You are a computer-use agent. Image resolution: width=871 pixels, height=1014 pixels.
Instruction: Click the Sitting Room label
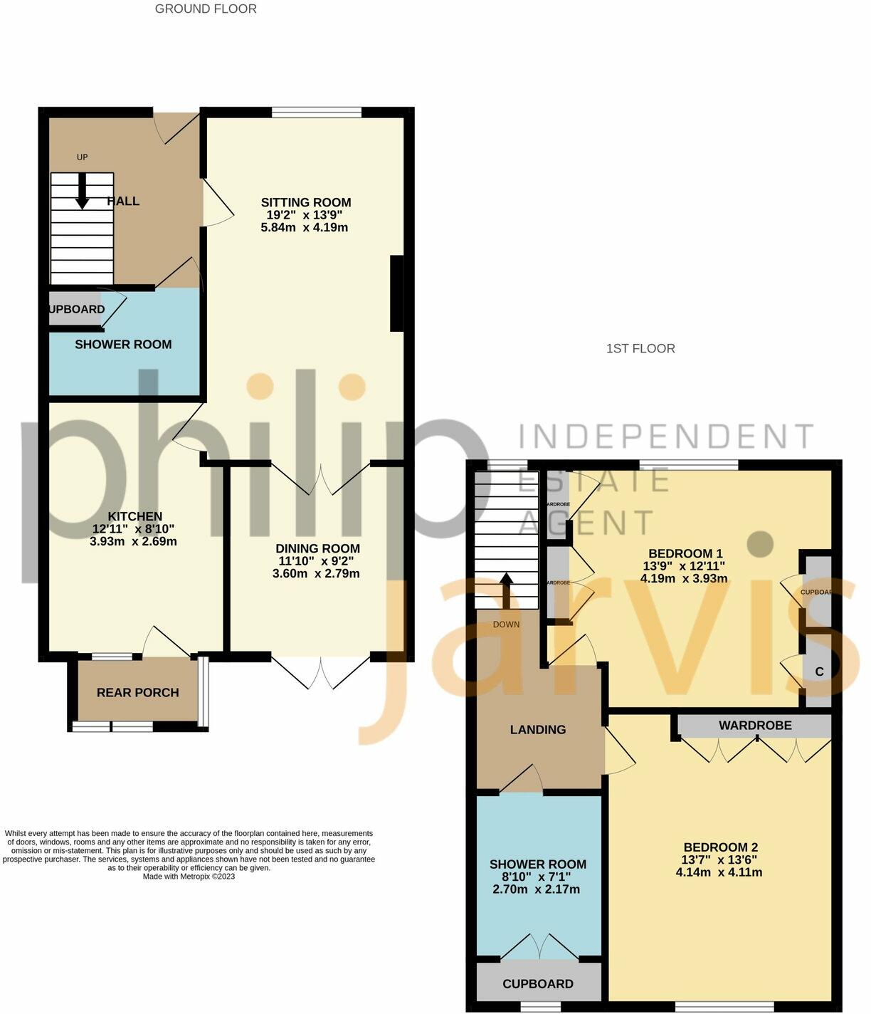pos(306,202)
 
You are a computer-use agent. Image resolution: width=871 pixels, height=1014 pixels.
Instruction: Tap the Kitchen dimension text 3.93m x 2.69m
pos(134,541)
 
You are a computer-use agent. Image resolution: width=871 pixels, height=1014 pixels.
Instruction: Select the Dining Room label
pos(317,548)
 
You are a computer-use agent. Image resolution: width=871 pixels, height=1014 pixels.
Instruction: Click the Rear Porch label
pos(137,692)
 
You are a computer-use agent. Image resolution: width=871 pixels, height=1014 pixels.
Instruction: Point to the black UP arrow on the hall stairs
pos(82,192)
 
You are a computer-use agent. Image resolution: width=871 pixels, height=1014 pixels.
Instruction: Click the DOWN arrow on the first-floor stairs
pos(506,590)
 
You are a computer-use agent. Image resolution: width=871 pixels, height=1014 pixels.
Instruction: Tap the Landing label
pos(538,729)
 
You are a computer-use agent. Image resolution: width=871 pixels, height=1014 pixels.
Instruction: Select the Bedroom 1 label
pos(685,553)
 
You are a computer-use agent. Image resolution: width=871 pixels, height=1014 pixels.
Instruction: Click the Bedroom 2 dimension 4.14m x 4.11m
pos(719,872)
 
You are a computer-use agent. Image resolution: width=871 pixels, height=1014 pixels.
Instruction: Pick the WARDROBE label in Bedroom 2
pos(755,726)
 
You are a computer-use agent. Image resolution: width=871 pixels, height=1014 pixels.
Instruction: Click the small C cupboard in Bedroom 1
pos(819,671)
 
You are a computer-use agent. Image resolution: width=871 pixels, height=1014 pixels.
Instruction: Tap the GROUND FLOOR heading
pos(206,9)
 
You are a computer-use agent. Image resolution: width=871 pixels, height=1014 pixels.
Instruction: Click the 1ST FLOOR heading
pos(640,348)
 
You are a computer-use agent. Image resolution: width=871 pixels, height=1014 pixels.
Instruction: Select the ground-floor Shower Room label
pos(123,345)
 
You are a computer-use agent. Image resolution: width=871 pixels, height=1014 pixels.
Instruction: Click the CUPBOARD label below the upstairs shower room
pos(538,983)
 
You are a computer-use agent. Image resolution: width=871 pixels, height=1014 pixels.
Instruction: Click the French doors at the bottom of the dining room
pos(321,671)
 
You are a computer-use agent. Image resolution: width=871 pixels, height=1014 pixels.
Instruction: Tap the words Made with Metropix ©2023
pos(189,877)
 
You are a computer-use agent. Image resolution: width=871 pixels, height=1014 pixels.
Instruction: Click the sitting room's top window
pos(316,111)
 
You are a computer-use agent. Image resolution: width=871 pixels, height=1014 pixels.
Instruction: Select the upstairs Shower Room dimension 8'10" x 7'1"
pos(538,877)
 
